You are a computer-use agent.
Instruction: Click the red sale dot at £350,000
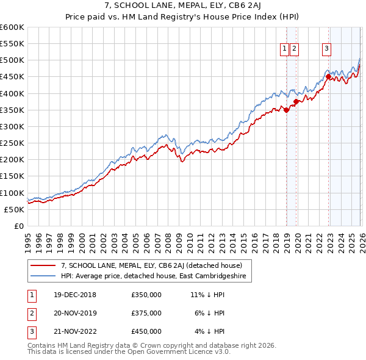(x=286, y=110)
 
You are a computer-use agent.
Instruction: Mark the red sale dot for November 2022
(x=328, y=77)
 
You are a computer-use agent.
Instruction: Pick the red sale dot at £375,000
(x=296, y=102)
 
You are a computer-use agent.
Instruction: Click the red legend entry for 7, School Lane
(x=152, y=265)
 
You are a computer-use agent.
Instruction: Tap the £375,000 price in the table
(x=146, y=313)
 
